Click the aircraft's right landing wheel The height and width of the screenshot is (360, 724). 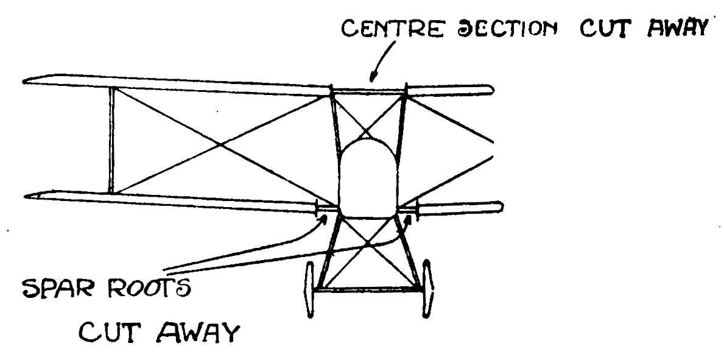427,288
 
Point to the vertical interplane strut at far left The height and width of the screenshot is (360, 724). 111,139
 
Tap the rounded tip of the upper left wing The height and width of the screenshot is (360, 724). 27,80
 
